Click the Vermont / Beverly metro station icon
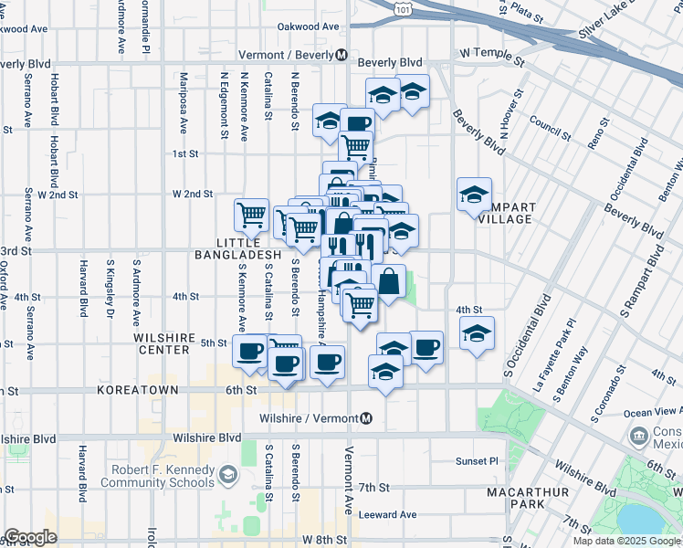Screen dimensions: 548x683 [341, 54]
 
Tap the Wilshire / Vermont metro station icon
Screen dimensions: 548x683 [366, 418]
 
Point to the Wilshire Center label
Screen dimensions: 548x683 [164, 342]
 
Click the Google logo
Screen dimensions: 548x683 [29, 537]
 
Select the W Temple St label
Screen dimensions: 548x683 [493, 56]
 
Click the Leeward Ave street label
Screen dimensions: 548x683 [387, 514]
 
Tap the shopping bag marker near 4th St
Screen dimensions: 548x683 [388, 281]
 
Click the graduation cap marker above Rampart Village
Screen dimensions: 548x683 [474, 195]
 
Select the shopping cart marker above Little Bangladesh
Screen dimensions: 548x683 [251, 216]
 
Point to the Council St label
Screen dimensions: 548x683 [550, 129]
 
